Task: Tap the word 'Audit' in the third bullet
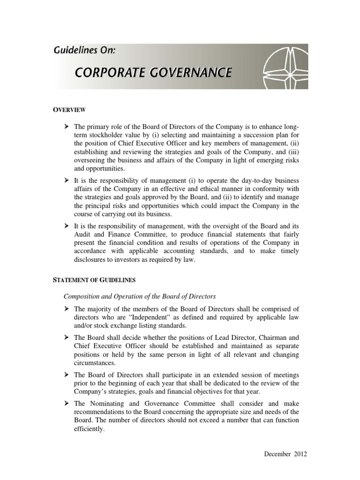pos(82,235)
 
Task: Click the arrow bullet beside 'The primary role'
pos(67,127)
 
